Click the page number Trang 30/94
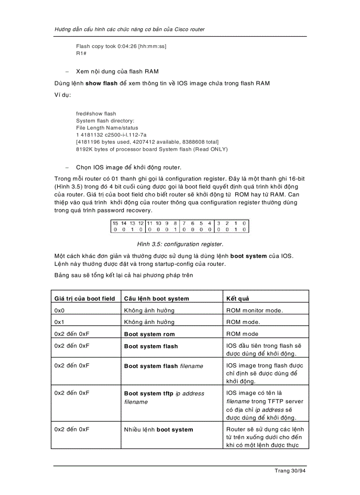tap(290, 471)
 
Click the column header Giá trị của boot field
tap(85, 298)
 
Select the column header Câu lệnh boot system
tap(157, 298)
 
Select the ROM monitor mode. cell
tap(255, 310)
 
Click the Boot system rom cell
tap(150, 334)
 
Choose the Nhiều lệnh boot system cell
tap(158, 429)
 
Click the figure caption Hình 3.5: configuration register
tap(180, 244)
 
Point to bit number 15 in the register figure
tap(115, 223)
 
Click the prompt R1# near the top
tap(81, 53)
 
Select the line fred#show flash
tap(96, 114)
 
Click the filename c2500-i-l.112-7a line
tap(111, 135)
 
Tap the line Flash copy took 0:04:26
tap(121, 46)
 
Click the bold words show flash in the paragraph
tap(101, 83)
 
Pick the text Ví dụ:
tap(63, 95)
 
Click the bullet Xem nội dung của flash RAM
tap(117, 71)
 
